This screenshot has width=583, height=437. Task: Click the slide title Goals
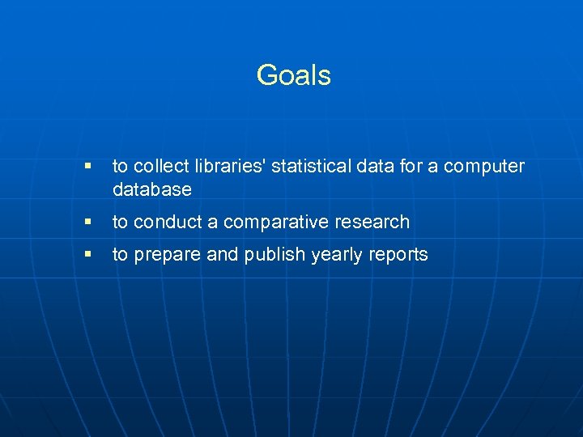pos(293,75)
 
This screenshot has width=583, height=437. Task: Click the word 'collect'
pos(159,167)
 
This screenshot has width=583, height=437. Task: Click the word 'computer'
pos(485,168)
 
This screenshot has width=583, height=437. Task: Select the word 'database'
pos(152,190)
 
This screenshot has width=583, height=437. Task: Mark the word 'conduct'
pos(176,222)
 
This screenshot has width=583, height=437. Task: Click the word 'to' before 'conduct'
pos(121,222)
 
